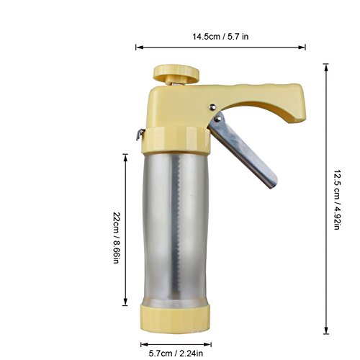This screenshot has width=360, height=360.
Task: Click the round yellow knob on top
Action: pos(176,73)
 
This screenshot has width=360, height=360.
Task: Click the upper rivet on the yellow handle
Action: pos(212,107)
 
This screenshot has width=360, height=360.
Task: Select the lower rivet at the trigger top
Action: pos(218,118)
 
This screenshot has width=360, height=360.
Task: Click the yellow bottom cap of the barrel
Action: pos(176,319)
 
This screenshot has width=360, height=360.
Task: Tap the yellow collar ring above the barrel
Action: pos(176,140)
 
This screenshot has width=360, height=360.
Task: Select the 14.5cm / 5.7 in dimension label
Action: pos(220,37)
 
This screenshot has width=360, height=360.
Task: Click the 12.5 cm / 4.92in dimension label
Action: pos(337,199)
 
